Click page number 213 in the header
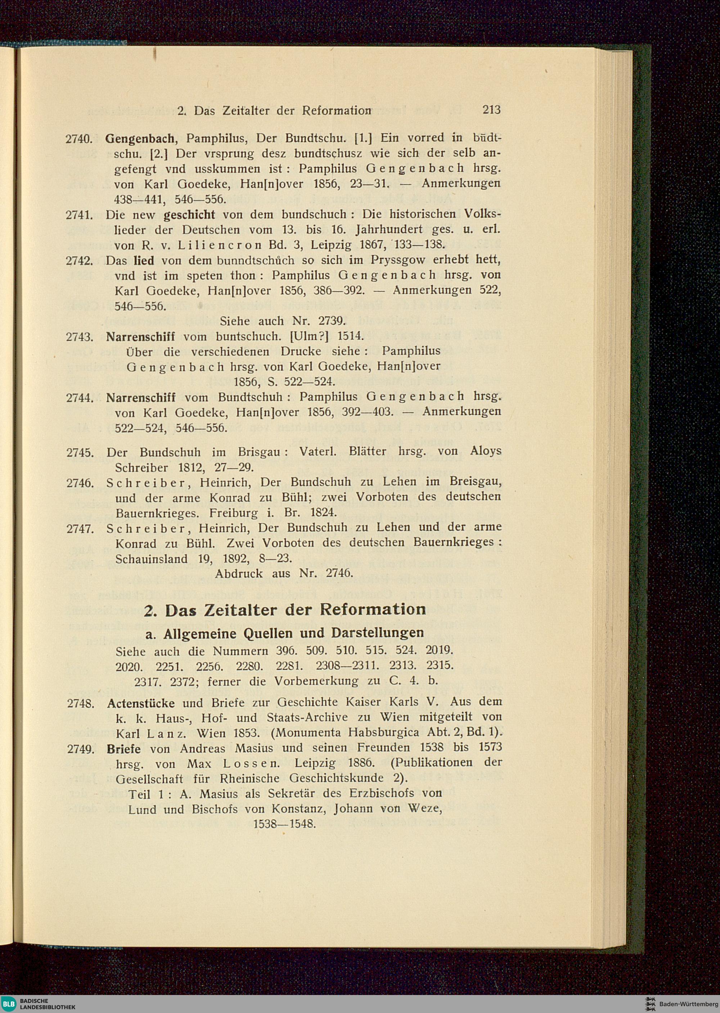coord(492,109)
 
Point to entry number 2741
coord(78,216)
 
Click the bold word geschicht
coord(189,215)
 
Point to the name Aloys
coord(486,451)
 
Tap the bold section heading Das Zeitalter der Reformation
coord(285,609)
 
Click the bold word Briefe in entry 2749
coord(124,749)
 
